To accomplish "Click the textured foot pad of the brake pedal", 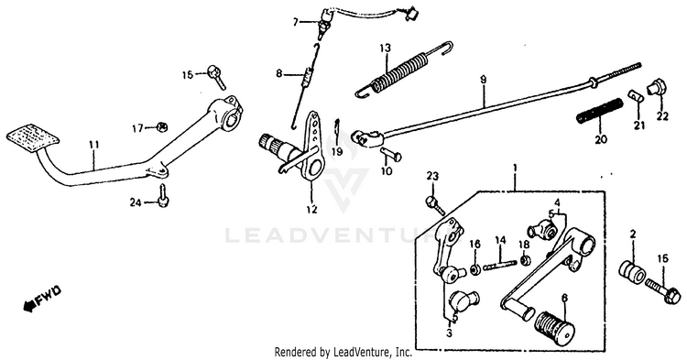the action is tap(33, 138).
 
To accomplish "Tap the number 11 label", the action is tap(94, 145).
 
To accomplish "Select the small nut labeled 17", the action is tap(162, 127).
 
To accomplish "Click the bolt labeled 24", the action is tap(163, 196).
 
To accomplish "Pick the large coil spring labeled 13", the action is tap(403, 70).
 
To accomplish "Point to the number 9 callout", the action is tap(483, 80).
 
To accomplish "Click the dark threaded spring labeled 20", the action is tap(600, 112).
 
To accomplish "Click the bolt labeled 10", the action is tap(391, 154).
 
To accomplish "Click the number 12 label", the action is tap(311, 210).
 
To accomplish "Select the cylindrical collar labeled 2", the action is tap(632, 271).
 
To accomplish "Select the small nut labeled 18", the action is tap(526, 260).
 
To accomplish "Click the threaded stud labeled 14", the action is tap(500, 265).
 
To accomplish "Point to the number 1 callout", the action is tap(515, 169).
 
